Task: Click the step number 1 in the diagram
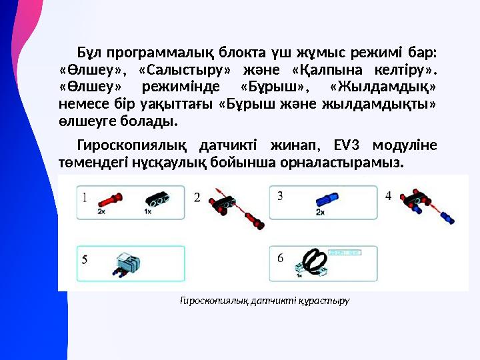click(85, 197)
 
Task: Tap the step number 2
click(197, 197)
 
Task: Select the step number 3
click(280, 195)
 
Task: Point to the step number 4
click(389, 196)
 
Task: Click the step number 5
click(85, 260)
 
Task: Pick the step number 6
click(280, 258)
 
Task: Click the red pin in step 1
click(109, 199)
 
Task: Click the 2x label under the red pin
click(101, 211)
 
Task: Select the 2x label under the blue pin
click(321, 211)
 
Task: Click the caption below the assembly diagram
click(265, 301)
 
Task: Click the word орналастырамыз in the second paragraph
click(349, 162)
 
